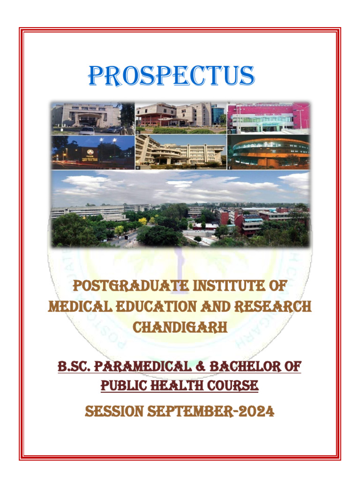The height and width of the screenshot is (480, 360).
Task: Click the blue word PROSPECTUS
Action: (172, 76)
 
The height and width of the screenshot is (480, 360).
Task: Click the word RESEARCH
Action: (276, 307)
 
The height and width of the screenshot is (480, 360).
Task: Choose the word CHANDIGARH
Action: (180, 327)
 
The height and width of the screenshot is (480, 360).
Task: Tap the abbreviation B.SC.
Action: (73, 366)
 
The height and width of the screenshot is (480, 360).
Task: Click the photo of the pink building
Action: (268, 117)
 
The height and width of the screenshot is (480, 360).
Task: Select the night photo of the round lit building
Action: (268, 152)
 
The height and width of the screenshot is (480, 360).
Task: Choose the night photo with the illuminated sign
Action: (93, 152)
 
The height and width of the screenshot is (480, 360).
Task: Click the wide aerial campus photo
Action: (180, 209)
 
